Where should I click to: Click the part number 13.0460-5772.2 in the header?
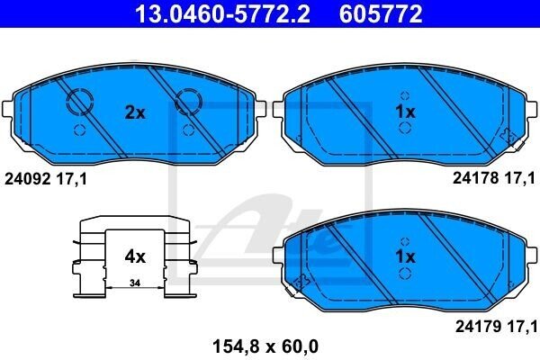point(222,13)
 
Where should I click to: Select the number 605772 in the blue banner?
point(381,13)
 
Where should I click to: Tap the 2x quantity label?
point(135,112)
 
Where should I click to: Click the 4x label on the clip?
point(135,256)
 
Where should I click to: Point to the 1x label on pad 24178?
point(405,112)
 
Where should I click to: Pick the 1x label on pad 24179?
point(405,256)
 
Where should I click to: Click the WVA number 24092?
point(28,179)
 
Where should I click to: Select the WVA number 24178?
point(475,178)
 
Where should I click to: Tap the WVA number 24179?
point(479,326)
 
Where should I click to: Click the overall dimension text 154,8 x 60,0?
point(265,346)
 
